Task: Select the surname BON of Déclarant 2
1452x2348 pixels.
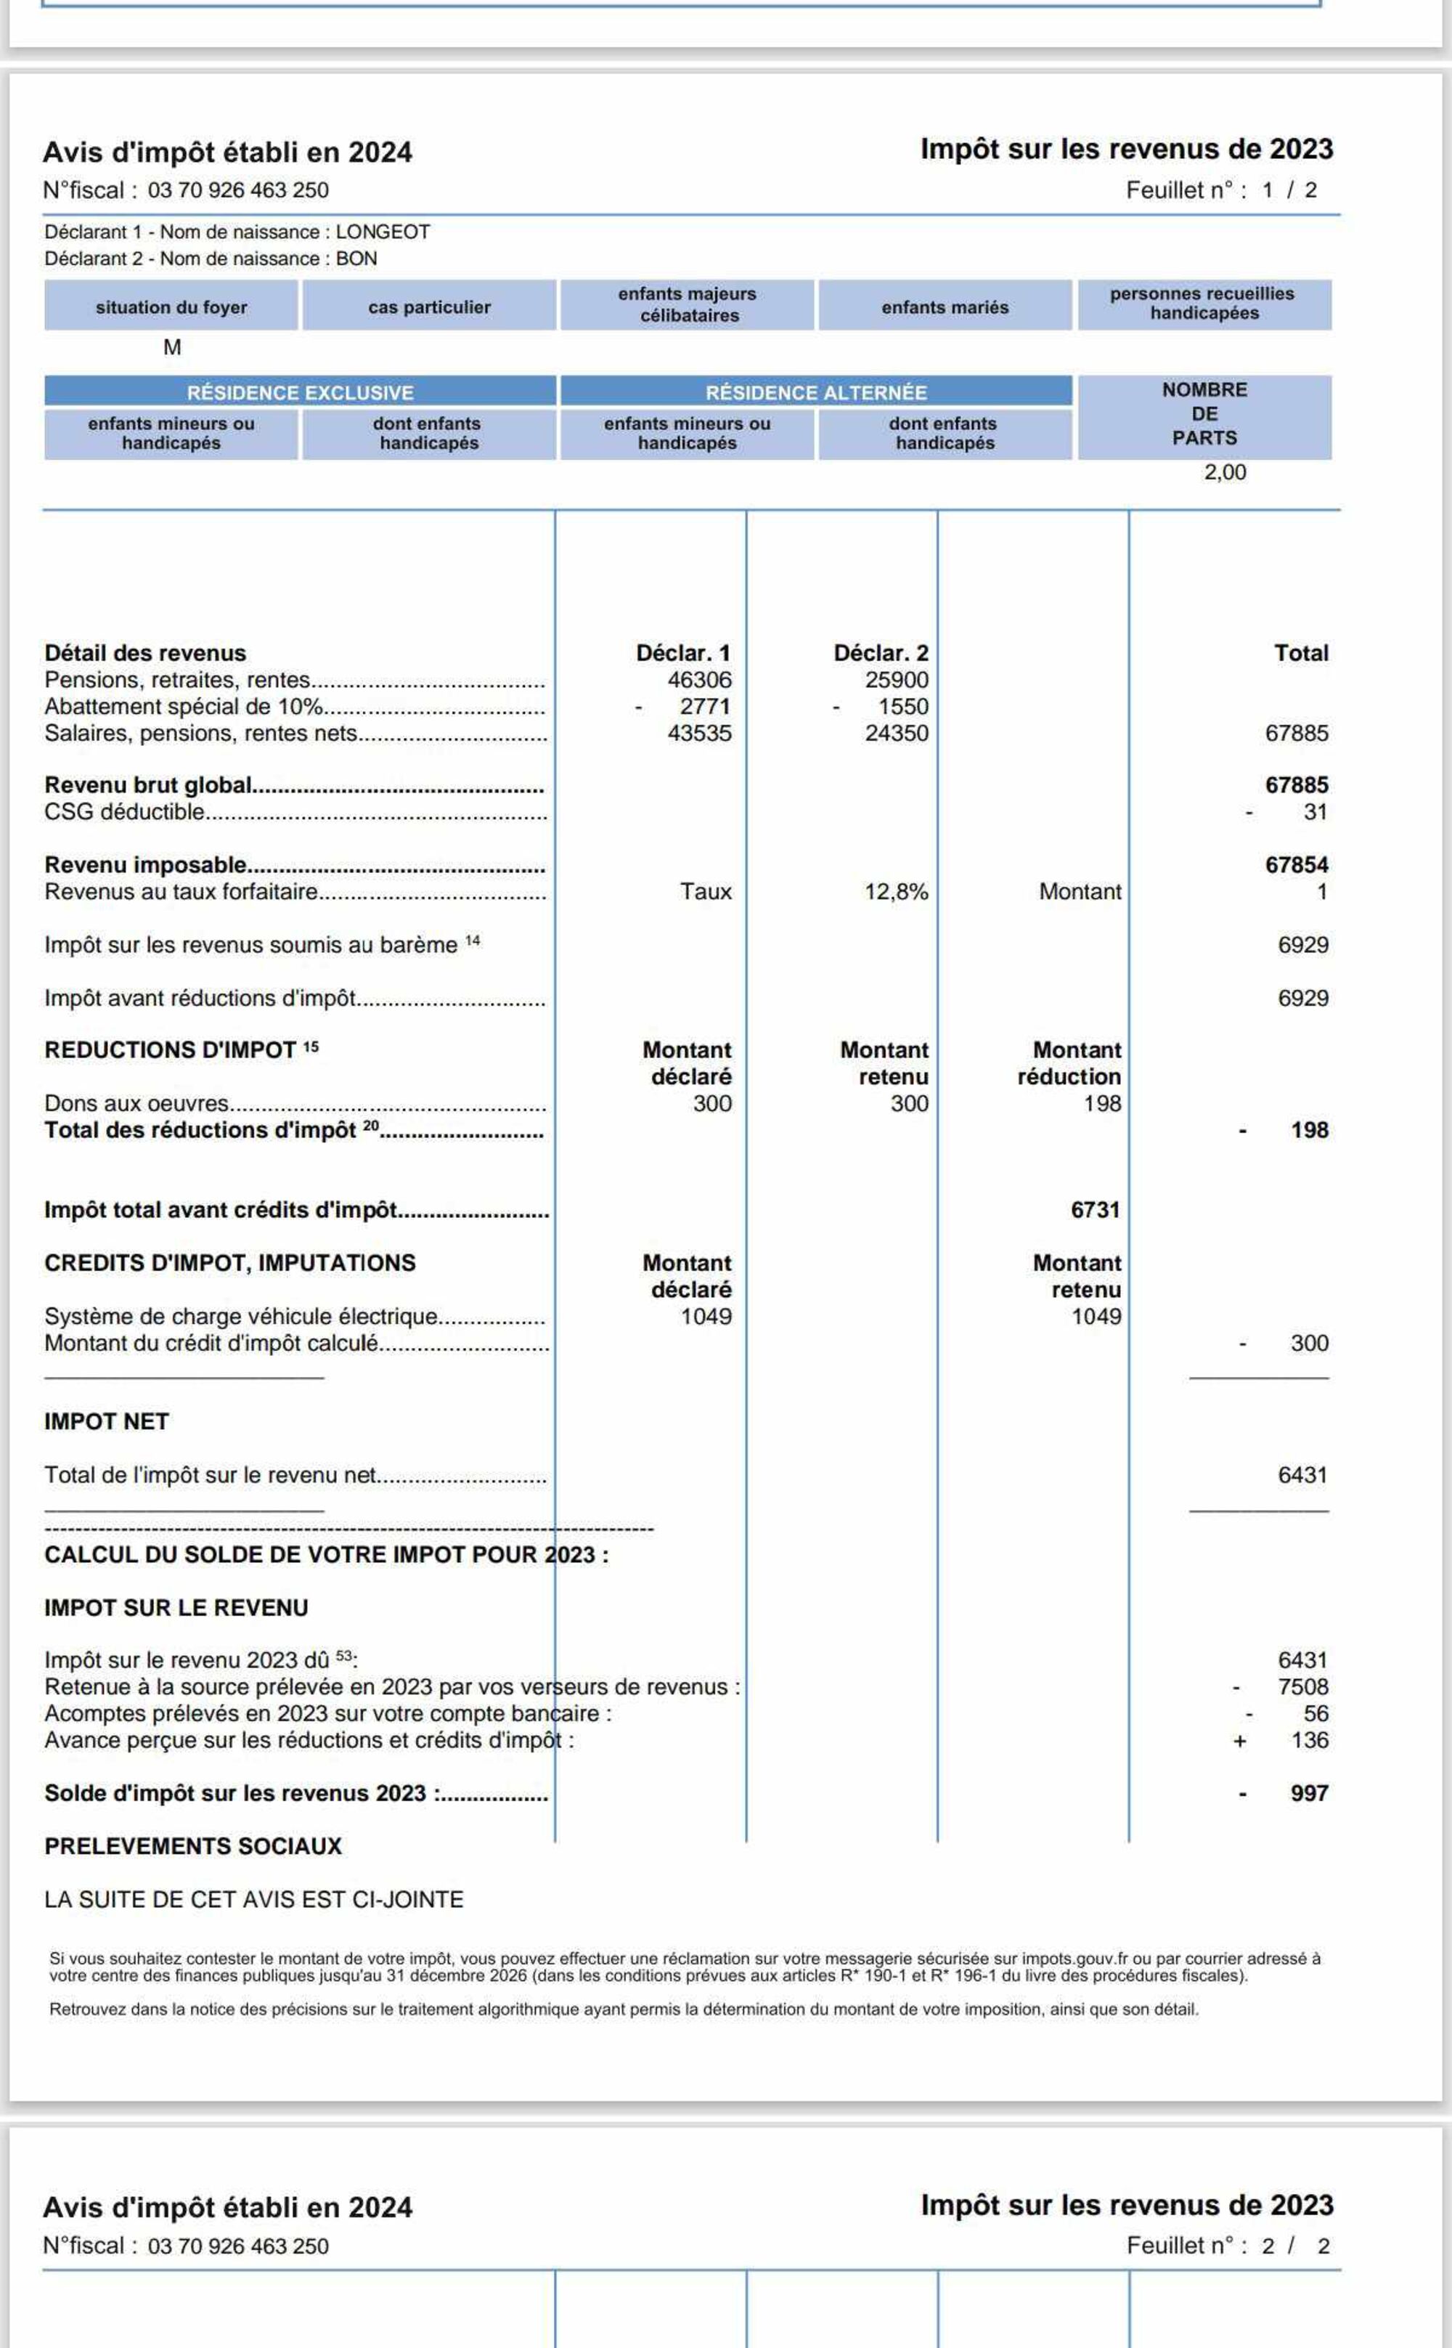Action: click(356, 259)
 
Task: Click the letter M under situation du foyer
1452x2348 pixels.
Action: click(172, 348)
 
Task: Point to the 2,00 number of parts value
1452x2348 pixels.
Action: click(1225, 473)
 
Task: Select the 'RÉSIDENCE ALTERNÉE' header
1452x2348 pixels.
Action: click(815, 393)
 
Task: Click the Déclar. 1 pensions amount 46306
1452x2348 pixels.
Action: click(699, 681)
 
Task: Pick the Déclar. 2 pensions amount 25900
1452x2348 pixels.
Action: click(896, 681)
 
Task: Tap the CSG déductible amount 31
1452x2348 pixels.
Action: click(1315, 813)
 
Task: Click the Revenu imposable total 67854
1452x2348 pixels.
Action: click(1297, 866)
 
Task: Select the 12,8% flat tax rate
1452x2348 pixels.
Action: click(896, 893)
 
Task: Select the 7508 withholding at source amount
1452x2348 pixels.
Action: click(1302, 1687)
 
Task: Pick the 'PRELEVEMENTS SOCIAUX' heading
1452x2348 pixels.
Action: click(193, 1846)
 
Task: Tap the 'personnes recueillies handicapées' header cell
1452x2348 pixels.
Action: click(1203, 304)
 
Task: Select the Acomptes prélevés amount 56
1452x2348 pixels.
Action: click(1315, 1714)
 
